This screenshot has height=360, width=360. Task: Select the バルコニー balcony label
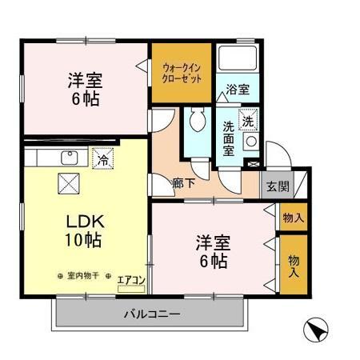[x=151, y=313]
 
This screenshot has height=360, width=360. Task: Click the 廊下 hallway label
[x=183, y=183]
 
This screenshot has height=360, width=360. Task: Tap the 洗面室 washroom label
[x=228, y=137]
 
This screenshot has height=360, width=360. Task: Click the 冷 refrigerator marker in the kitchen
[x=102, y=160]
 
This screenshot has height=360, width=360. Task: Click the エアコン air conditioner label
[x=130, y=279]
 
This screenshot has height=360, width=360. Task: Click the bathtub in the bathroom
[x=236, y=59]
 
